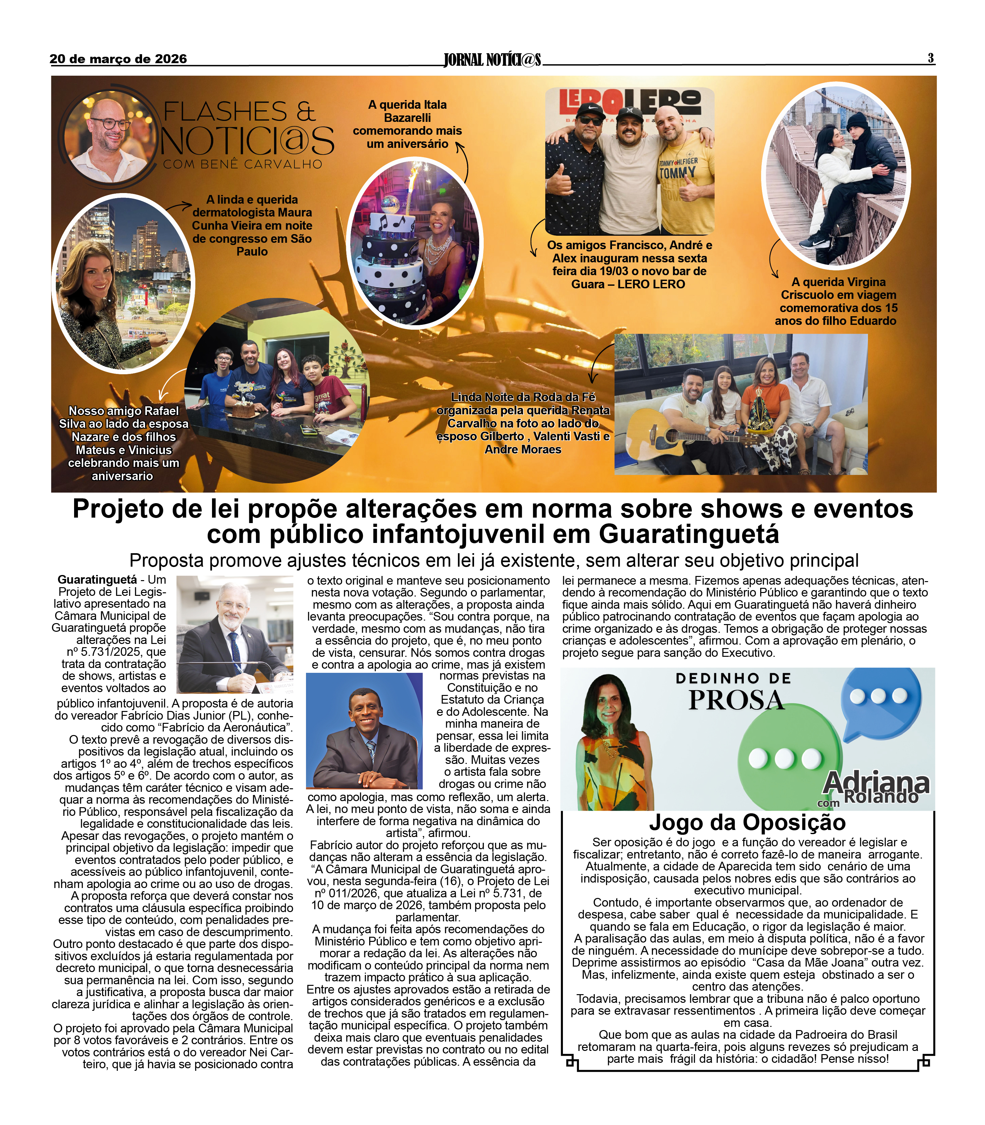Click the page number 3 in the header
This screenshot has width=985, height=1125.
930,58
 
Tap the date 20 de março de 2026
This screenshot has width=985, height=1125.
118,59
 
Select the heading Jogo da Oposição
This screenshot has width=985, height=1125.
747,823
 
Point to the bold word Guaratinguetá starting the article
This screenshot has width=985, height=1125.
97,580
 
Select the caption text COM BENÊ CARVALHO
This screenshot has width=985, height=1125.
242,164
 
